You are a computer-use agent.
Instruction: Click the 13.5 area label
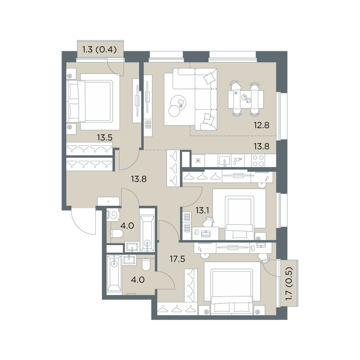[104, 138]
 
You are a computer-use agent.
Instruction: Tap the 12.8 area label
[261, 125]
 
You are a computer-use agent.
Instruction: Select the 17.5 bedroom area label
[177, 259]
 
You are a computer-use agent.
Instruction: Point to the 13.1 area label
[202, 210]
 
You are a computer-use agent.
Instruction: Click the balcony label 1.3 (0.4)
[99, 49]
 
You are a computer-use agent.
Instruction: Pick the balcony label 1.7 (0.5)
[289, 283]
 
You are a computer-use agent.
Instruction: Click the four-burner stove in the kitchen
[258, 161]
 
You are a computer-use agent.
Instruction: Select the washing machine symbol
[113, 215]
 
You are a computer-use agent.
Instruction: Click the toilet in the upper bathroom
[117, 234]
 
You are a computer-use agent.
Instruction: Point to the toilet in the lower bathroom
[146, 265]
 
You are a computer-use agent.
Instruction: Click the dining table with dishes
[246, 99]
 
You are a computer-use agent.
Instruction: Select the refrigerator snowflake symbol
[198, 161]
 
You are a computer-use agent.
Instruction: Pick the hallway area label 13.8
[139, 179]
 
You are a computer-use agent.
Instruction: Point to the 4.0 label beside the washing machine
[127, 226]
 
